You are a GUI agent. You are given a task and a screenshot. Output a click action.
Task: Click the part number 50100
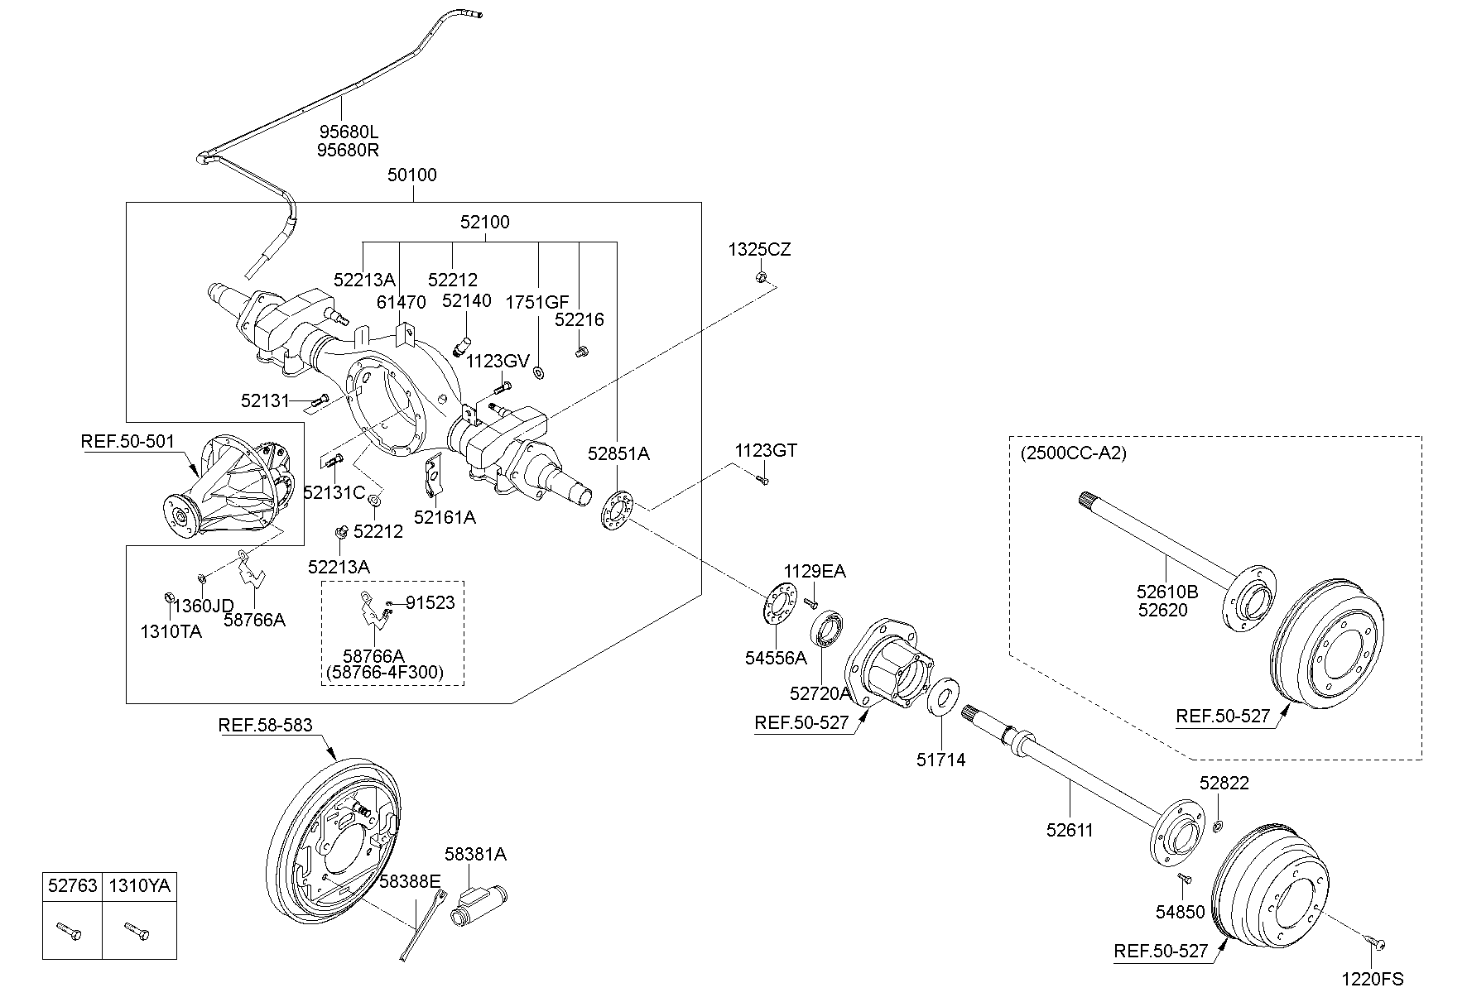(x=412, y=175)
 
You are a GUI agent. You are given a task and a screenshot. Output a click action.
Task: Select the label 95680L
(x=348, y=132)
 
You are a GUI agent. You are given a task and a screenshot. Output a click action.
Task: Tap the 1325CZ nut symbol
(x=760, y=276)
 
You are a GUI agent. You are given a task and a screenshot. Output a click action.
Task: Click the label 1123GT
(x=766, y=451)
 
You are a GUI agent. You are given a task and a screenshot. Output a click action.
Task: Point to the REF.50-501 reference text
(x=127, y=441)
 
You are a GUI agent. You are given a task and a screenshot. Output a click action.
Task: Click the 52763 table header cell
(x=72, y=886)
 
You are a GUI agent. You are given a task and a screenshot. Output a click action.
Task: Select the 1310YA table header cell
(x=139, y=886)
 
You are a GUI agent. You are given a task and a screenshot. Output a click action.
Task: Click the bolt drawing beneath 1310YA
(x=137, y=932)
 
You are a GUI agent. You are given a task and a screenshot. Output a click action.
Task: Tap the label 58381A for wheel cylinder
(x=475, y=854)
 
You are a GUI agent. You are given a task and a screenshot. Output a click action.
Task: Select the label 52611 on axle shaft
(x=1070, y=830)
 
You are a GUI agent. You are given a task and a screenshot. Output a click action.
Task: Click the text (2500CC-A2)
(x=1074, y=453)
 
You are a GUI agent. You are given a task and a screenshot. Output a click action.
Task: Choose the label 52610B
(x=1167, y=592)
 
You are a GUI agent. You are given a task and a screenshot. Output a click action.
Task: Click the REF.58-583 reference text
(x=265, y=726)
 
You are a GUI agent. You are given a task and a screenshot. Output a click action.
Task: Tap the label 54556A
(x=776, y=658)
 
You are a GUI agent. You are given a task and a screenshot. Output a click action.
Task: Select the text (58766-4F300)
(x=385, y=673)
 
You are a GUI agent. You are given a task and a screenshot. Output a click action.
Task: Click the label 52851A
(x=619, y=453)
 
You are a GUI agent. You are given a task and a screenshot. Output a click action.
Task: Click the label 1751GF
(x=537, y=303)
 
